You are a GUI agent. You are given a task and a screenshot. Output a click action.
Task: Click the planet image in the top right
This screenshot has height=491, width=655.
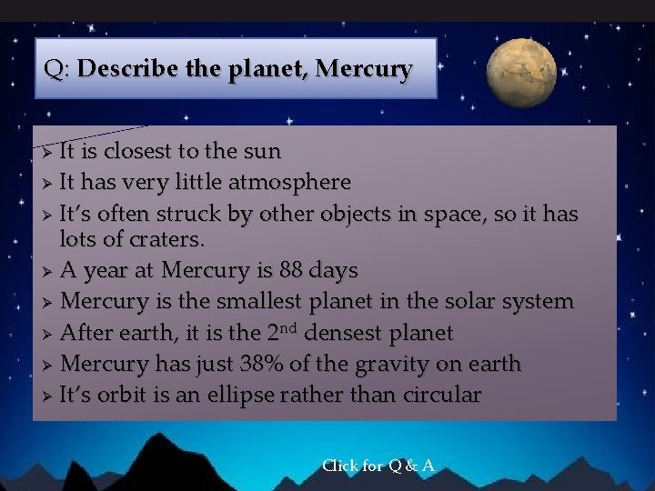521,73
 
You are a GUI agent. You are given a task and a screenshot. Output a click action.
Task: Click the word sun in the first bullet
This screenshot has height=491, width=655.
263,151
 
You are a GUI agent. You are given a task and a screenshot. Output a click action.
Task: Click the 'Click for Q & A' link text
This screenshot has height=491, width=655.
378,466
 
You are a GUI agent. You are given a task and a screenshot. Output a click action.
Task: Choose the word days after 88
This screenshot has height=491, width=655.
333,271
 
